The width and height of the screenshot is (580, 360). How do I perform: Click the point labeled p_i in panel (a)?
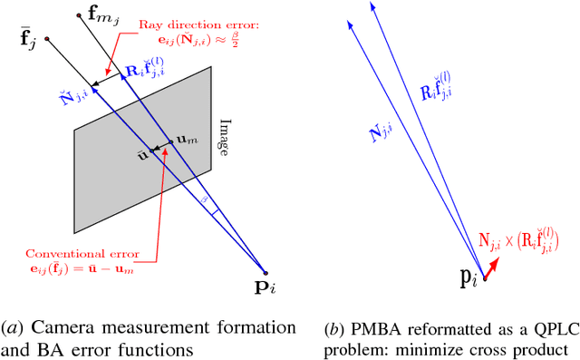tap(265, 272)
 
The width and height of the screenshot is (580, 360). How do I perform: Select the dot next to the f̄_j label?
tap(45, 39)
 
